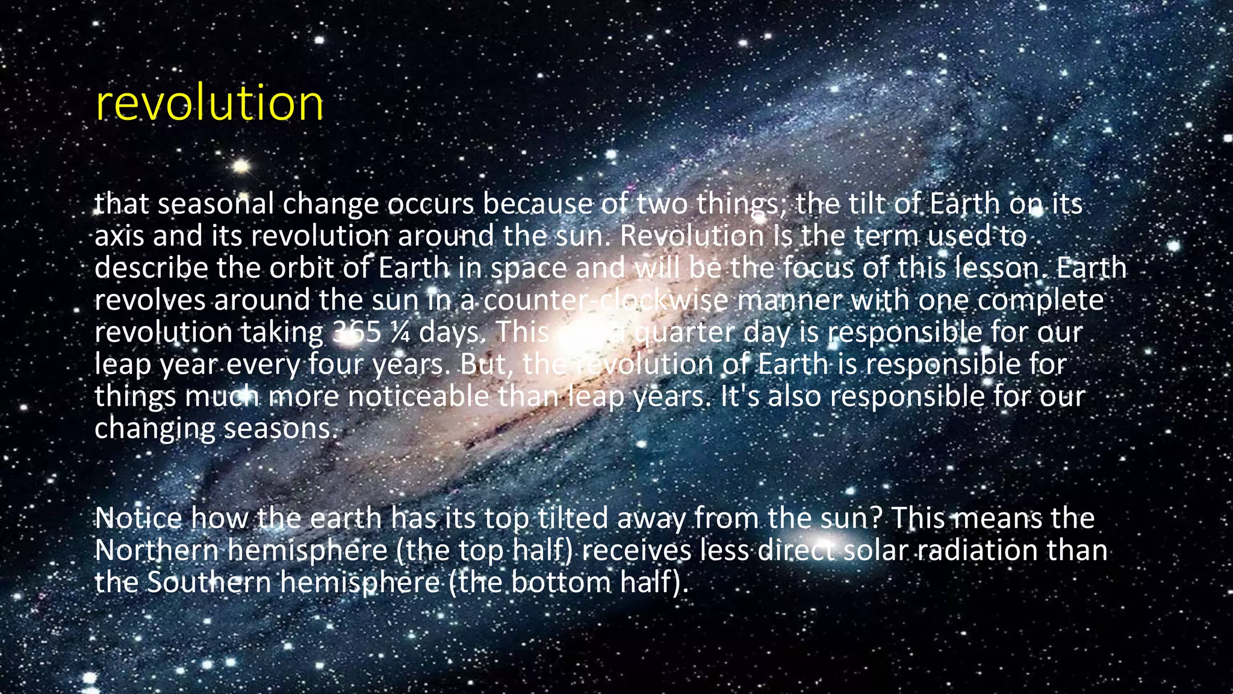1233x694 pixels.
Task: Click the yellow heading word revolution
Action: pos(209,103)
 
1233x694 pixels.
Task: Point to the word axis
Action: pos(119,236)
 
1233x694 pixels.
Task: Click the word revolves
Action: pos(150,300)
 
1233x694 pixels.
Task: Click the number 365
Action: pos(356,332)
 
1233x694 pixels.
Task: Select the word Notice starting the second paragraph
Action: pos(138,518)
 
